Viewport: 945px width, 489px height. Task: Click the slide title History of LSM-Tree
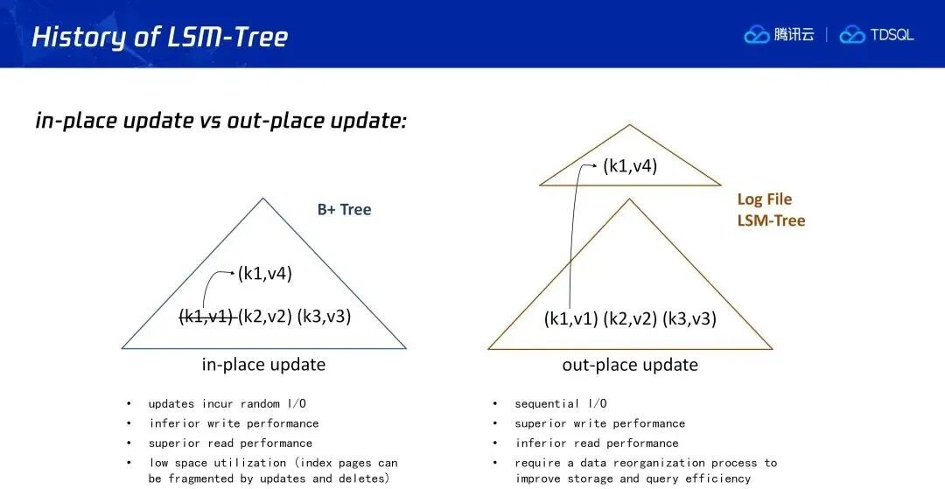click(160, 37)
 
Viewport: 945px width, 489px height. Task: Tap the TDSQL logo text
click(892, 35)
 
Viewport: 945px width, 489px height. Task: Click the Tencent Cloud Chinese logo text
click(794, 35)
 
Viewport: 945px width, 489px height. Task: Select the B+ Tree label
click(344, 210)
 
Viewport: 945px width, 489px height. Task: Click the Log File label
click(764, 199)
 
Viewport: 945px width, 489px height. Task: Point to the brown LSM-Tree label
click(771, 220)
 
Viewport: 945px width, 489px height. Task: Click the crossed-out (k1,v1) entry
click(207, 316)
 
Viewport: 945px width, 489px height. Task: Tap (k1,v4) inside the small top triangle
click(630, 165)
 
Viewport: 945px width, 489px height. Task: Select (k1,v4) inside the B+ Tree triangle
click(264, 274)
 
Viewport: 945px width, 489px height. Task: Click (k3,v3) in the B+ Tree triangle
click(324, 316)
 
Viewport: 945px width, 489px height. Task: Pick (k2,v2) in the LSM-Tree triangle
click(630, 318)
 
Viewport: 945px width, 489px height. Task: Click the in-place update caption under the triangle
click(263, 364)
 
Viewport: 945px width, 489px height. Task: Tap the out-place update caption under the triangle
click(630, 364)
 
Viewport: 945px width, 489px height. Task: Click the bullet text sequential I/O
click(561, 404)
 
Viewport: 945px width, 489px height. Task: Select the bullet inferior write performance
click(234, 424)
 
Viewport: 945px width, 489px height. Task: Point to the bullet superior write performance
click(599, 424)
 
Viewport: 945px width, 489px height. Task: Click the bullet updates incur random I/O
click(231, 404)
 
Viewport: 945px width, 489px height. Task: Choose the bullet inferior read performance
click(597, 444)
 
